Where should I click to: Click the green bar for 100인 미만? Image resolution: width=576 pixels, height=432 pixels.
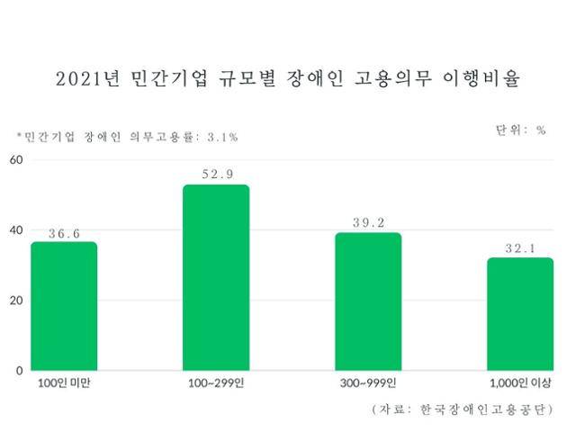pos(64,306)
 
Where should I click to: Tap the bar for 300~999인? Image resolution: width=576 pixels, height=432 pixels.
pos(368,301)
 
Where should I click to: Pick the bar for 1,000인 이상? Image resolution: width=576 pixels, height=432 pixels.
pos(520,314)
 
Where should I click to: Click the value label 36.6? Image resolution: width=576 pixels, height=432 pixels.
pos(64,233)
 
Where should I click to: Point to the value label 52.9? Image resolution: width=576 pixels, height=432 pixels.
pos(216,175)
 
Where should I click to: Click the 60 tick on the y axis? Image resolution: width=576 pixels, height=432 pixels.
pos(14,160)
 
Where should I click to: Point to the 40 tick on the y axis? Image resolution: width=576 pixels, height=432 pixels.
pos(14,229)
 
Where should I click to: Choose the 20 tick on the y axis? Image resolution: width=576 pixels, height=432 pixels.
pos(14,300)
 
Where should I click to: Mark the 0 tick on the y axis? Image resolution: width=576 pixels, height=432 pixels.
pos(18,370)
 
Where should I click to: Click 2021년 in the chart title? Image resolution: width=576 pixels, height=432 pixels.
pos(88,79)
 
